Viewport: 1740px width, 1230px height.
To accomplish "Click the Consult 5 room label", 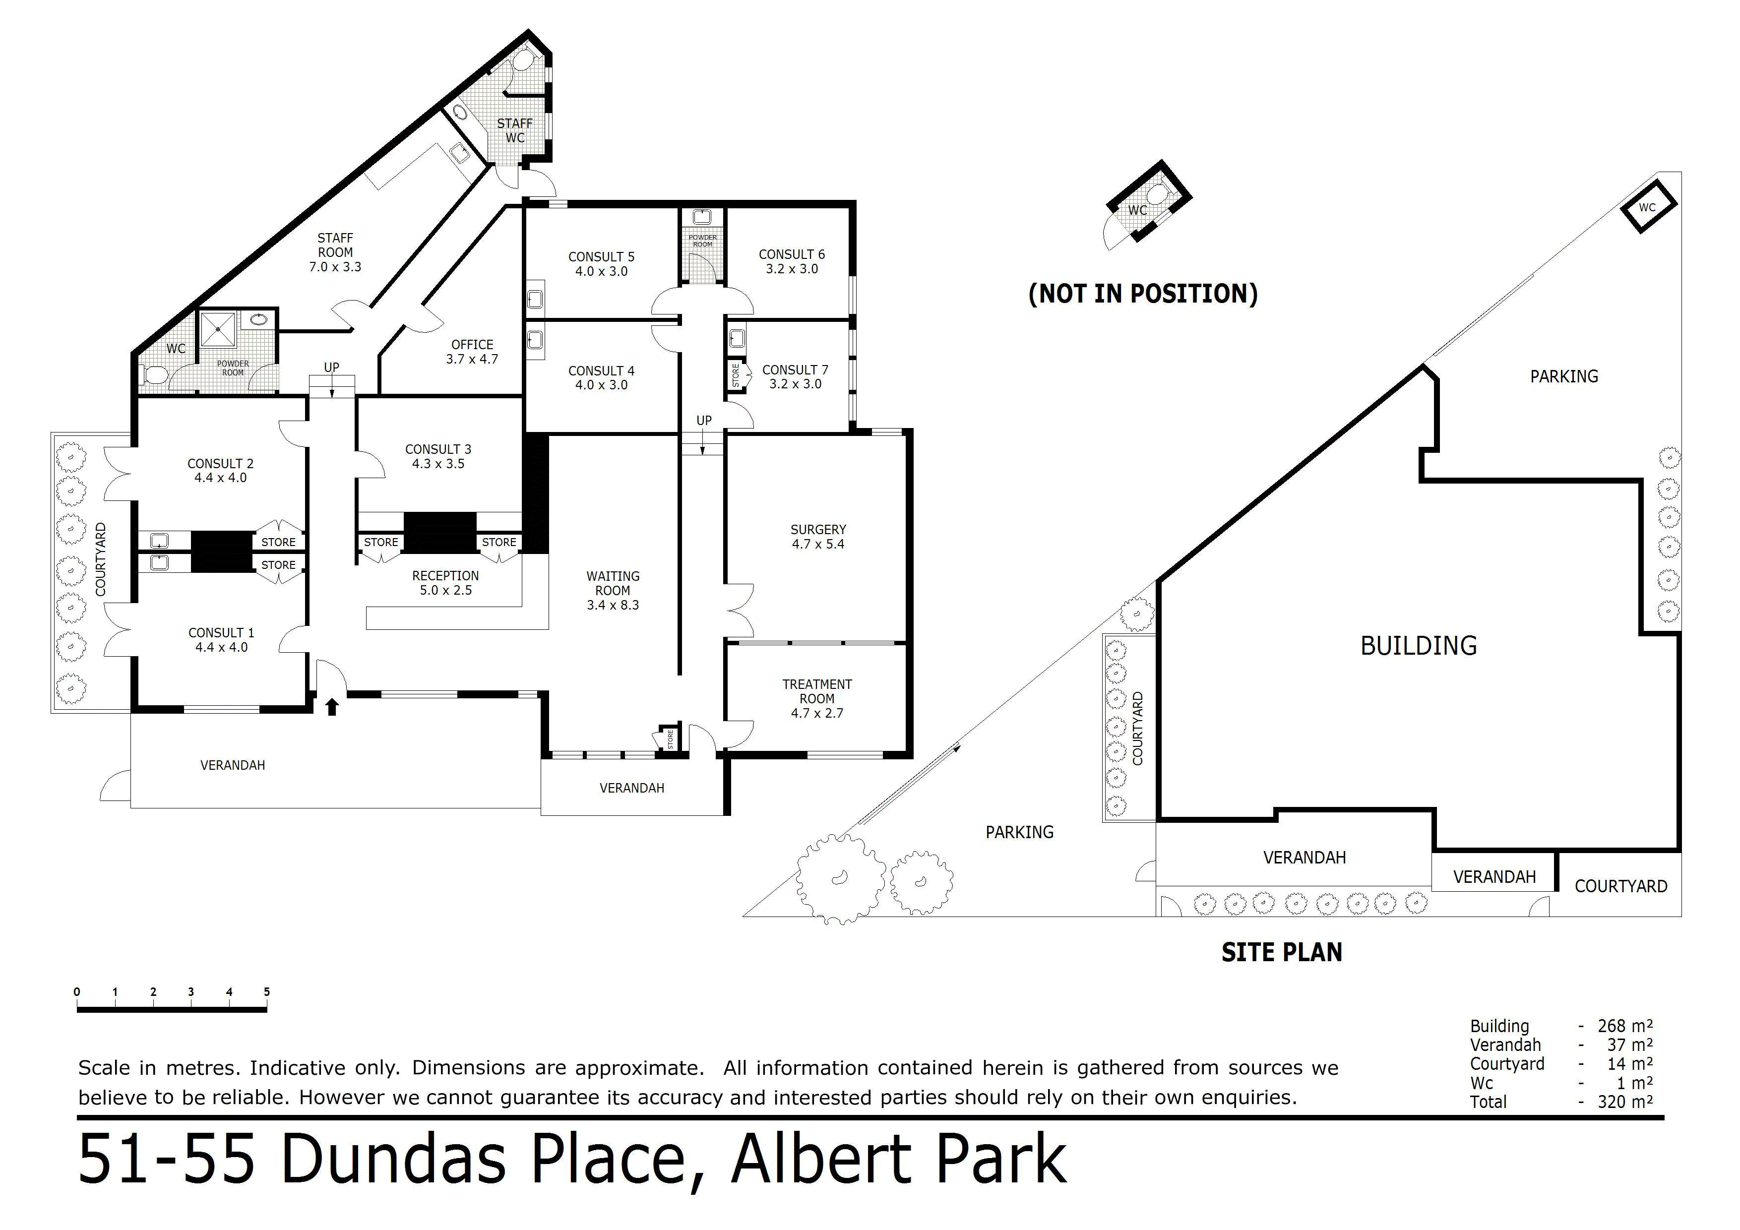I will click(601, 264).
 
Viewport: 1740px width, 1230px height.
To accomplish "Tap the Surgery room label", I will click(818, 537).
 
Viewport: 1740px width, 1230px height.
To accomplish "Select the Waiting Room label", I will click(613, 590).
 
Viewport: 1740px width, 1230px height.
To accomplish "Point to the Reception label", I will click(445, 583).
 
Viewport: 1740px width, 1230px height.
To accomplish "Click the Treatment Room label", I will click(817, 698).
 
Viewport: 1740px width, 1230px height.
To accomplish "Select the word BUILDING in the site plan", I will click(1419, 646).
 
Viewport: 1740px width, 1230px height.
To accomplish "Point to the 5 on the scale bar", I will click(267, 991).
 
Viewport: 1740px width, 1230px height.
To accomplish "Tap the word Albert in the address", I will click(824, 1160).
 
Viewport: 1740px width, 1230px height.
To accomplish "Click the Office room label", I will click(472, 352).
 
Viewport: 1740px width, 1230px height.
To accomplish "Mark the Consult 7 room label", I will click(795, 376).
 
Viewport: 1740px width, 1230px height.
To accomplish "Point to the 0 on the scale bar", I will click(77, 991).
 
